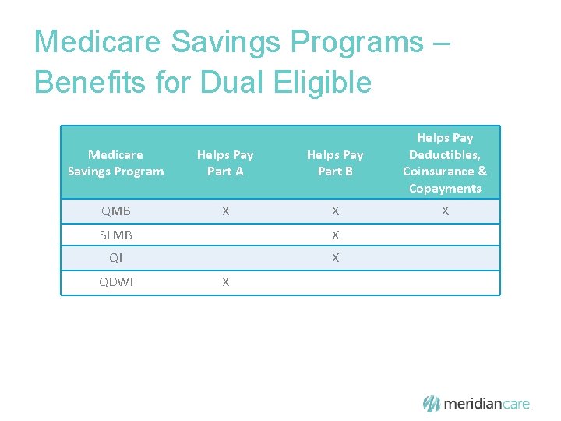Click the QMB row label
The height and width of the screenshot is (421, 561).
(x=116, y=211)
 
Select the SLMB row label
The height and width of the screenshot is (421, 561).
(x=116, y=235)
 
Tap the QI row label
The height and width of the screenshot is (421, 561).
(x=116, y=258)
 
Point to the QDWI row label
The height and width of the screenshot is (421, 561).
(x=116, y=282)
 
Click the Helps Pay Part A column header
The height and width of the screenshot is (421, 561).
(x=225, y=163)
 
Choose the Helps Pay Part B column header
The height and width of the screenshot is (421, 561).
(x=335, y=163)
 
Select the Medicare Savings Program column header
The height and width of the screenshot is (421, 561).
(x=116, y=163)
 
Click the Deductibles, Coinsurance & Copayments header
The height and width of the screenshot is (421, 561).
(x=445, y=163)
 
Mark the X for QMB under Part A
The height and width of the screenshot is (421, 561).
(x=225, y=211)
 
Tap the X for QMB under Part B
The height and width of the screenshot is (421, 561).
(x=335, y=211)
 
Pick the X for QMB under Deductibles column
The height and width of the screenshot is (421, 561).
(x=445, y=211)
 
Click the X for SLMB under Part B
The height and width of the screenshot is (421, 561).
(x=335, y=235)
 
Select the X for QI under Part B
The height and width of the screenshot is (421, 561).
(x=335, y=258)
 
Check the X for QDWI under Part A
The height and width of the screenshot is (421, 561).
(x=225, y=282)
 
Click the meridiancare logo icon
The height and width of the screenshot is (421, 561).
(x=432, y=403)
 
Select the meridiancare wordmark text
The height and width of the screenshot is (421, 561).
(x=487, y=404)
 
